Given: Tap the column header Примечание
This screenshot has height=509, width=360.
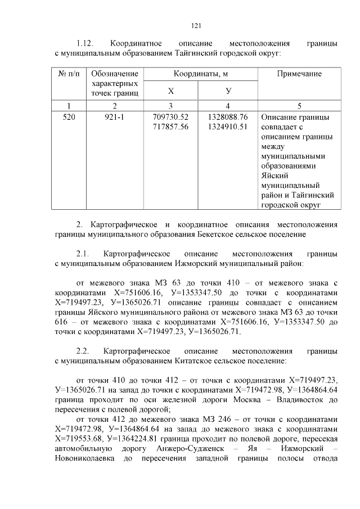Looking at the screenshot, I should [x=299, y=74].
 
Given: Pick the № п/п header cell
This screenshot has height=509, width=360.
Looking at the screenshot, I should [x=69, y=74].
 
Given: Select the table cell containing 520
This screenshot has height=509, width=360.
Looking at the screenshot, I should [x=69, y=117].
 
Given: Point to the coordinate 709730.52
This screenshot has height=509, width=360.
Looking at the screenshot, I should [x=171, y=117].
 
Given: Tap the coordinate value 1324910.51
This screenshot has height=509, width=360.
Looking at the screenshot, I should [x=227, y=127].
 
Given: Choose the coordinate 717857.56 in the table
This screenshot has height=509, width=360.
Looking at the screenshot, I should [x=171, y=127].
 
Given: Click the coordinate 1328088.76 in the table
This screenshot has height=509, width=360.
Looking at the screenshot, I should [x=227, y=117].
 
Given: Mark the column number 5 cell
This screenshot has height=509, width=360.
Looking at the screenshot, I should [x=299, y=105].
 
